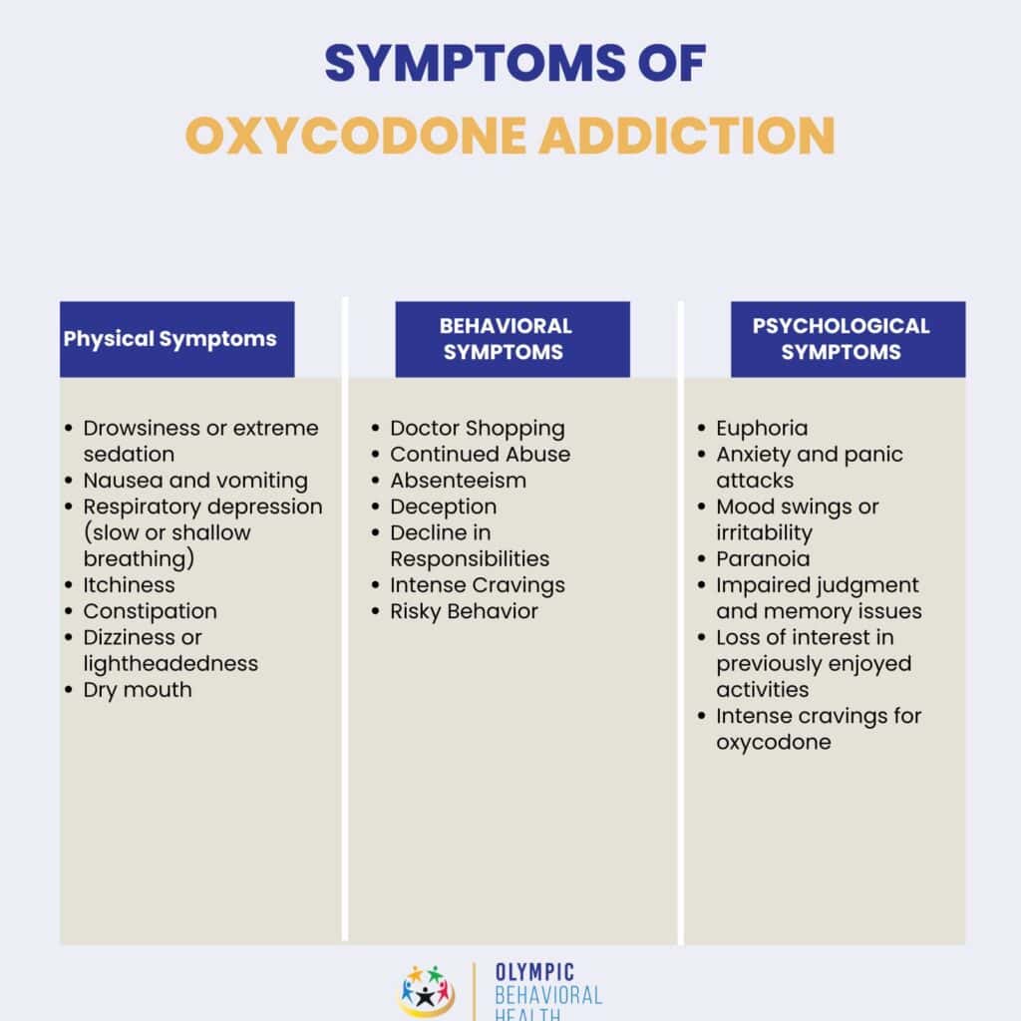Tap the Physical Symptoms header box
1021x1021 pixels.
(176, 339)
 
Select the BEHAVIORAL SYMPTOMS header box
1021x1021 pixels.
(511, 339)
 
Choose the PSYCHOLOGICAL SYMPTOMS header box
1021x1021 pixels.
(848, 339)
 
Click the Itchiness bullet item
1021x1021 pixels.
(129, 585)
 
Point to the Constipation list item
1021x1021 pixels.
(150, 611)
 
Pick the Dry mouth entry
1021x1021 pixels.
(138, 689)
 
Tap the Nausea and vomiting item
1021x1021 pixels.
(195, 481)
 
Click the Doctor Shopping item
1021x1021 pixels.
(477, 429)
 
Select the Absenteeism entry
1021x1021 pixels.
(458, 481)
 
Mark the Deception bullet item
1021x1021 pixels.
(443, 507)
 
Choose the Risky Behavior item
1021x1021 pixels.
(464, 611)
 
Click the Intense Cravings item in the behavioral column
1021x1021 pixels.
(477, 585)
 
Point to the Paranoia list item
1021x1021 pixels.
(763, 558)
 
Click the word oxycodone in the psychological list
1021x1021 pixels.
(773, 742)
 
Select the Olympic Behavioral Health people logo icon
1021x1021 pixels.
(427, 991)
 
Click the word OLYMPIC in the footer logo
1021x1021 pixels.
(534, 972)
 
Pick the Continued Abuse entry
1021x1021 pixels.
(480, 455)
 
